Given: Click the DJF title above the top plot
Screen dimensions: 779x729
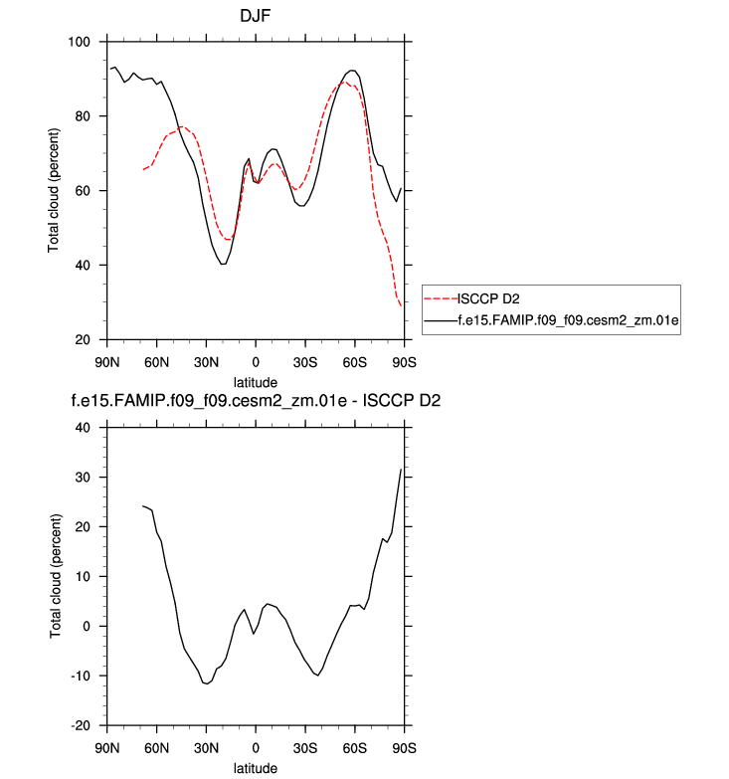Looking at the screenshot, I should click(255, 16).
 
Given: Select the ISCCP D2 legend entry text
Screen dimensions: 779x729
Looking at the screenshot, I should click(487, 297).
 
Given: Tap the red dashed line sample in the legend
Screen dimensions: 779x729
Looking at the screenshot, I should click(440, 297).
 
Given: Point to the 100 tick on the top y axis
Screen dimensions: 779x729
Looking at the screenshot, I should click(80, 42).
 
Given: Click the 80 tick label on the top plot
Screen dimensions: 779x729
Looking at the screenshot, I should click(84, 116).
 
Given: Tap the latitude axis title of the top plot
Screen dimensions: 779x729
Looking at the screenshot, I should click(256, 382).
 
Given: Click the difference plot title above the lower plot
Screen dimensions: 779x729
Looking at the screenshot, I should click(255, 403).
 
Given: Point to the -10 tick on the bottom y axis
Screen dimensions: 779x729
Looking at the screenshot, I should click(81, 676).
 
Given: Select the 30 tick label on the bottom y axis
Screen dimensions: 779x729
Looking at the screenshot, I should click(84, 478).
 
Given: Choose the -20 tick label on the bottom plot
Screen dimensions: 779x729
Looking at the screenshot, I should click(81, 725).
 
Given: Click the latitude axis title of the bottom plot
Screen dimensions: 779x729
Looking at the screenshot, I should click(256, 768).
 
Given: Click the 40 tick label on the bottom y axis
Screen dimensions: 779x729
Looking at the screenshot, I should click(84, 428).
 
